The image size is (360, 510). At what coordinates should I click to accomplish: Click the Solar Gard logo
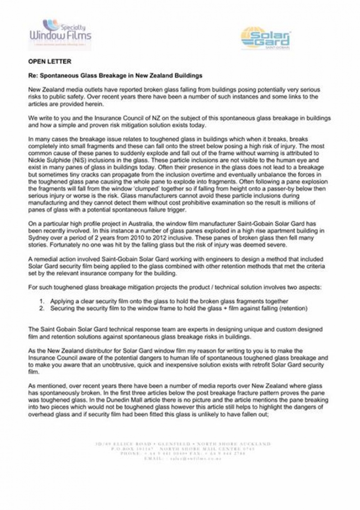coord(266,38)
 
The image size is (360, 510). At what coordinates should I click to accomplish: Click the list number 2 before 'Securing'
coord(42,309)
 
